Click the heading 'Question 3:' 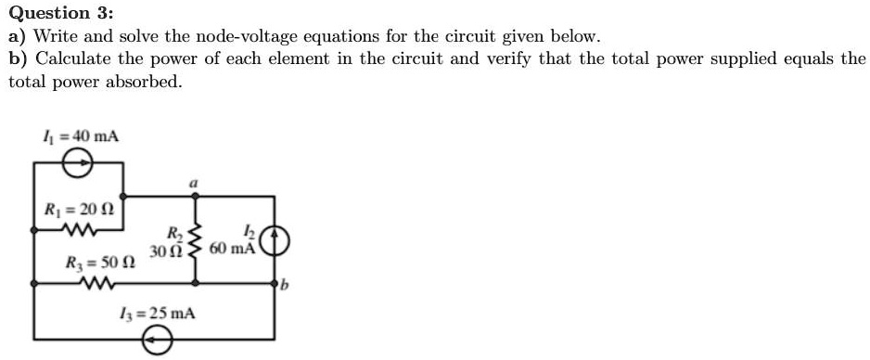(61, 14)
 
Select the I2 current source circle (276, 240)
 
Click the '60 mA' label (232, 249)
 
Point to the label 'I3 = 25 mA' (159, 313)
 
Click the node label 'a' (193, 185)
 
